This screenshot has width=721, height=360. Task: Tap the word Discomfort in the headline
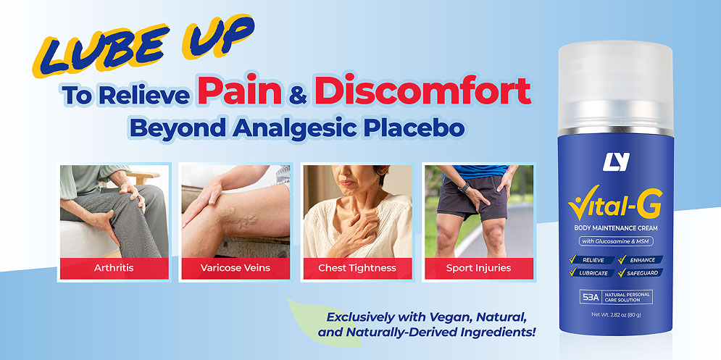click(423, 91)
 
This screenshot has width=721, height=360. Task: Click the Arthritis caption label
click(114, 267)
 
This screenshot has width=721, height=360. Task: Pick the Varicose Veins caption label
click(236, 267)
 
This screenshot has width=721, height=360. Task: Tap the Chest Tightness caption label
click(357, 267)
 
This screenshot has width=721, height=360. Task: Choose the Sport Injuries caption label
click(479, 267)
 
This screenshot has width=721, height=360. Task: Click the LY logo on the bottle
click(616, 162)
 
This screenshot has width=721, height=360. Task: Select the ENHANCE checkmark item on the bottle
click(641, 260)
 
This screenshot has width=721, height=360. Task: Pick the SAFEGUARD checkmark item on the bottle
click(641, 272)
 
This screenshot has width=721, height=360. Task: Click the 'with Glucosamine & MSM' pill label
click(616, 241)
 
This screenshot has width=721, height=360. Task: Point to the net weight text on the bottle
click(616, 315)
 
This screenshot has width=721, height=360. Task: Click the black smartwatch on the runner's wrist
click(464, 187)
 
